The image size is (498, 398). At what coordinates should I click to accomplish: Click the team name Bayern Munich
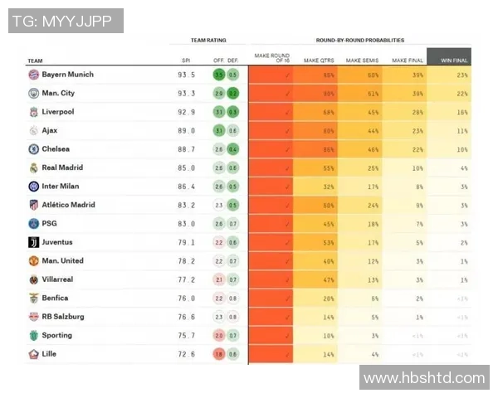pyautogui.click(x=67, y=75)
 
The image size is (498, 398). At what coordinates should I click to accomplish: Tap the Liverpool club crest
pyautogui.click(x=33, y=112)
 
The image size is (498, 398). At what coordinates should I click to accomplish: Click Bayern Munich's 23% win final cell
pyautogui.click(x=461, y=75)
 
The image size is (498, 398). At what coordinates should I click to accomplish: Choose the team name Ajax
pyautogui.click(x=50, y=131)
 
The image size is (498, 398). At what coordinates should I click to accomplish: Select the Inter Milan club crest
pyautogui.click(x=33, y=187)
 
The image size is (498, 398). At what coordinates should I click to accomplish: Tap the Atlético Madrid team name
pyautogui.click(x=68, y=205)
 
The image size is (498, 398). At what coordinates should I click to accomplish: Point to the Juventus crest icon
pyautogui.click(x=33, y=242)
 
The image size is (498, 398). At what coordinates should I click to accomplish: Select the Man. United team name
pyautogui.click(x=63, y=261)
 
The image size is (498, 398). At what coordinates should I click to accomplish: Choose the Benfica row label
pyautogui.click(x=55, y=298)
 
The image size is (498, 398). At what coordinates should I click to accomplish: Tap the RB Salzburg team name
pyautogui.click(x=63, y=317)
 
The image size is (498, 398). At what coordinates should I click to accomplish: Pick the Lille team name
pyautogui.click(x=50, y=354)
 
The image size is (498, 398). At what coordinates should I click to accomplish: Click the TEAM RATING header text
pyautogui.click(x=208, y=40)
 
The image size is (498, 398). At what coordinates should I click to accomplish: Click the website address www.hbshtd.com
pyautogui.click(x=424, y=378)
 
